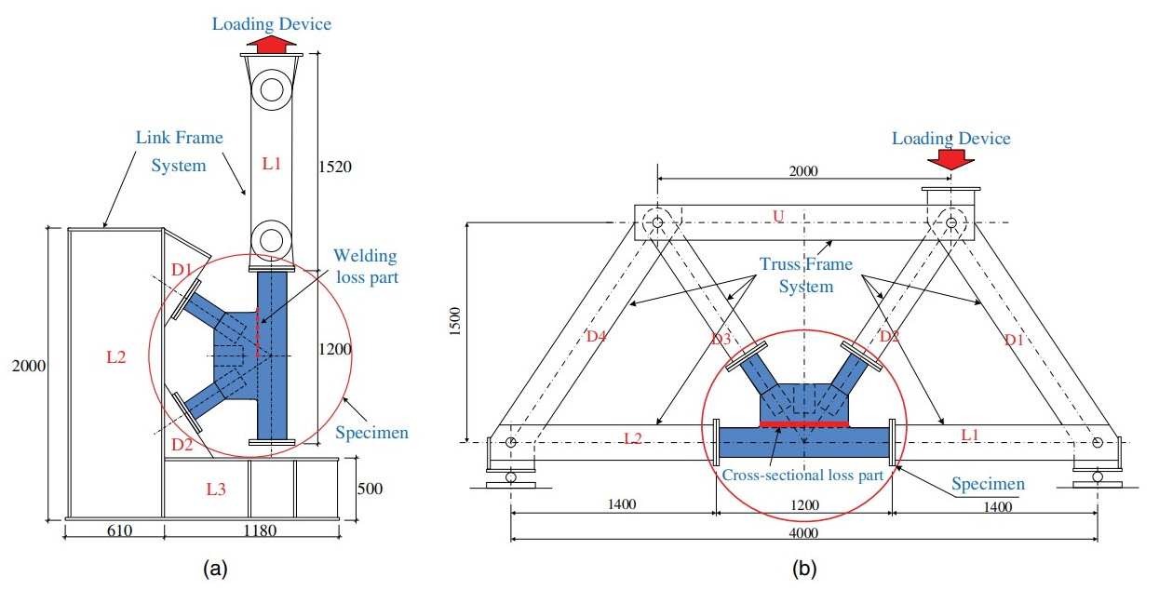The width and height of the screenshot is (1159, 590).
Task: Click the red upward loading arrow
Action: tap(272, 44)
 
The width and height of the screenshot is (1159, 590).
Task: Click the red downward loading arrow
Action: tap(951, 160)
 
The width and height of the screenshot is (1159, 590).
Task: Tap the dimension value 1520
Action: tap(335, 167)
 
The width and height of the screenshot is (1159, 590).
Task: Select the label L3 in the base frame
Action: tap(216, 489)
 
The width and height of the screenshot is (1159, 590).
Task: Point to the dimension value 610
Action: tap(119, 530)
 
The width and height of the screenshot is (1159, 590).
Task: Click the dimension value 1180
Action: tap(260, 530)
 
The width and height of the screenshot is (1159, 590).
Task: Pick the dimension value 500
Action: tap(370, 489)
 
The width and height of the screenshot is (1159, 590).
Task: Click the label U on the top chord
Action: tap(778, 216)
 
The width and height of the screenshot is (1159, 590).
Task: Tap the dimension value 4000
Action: tap(803, 532)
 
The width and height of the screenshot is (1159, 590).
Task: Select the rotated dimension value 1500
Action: tap(455, 321)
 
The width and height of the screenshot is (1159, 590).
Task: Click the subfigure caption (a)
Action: tap(215, 569)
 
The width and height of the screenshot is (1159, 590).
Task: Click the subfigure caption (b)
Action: tap(804, 569)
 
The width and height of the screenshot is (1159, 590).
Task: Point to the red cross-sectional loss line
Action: tap(804, 424)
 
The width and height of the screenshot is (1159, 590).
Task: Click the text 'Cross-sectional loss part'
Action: tap(802, 475)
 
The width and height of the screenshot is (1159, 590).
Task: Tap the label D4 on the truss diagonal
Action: tap(596, 336)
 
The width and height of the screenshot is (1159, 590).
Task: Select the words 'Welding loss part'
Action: tap(367, 266)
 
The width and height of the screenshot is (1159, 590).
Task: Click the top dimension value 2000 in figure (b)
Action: tap(803, 170)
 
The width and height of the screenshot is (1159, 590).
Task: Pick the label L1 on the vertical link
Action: tap(272, 164)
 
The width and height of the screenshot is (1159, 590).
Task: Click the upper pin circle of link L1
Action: tap(272, 90)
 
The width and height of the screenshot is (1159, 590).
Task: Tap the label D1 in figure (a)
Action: tap(182, 269)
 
